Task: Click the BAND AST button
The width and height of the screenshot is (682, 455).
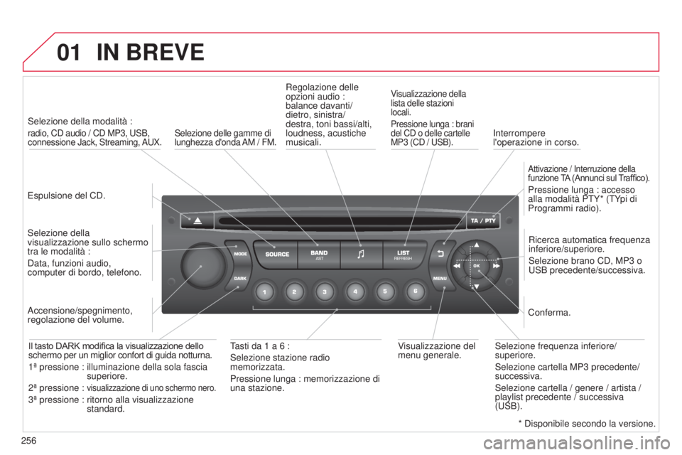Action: [319, 255]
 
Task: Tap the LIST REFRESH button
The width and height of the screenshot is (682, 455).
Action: [404, 255]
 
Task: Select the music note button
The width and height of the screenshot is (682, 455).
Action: [361, 255]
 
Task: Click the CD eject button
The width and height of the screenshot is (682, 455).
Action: [197, 220]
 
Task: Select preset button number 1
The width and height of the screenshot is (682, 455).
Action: [264, 291]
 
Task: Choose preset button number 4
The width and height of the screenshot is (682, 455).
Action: [355, 291]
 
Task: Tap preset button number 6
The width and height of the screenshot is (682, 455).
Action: [416, 291]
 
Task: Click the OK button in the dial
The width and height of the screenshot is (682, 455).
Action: [476, 266]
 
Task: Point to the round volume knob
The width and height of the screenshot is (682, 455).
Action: [202, 265]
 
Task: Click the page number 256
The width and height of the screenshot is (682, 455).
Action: [28, 441]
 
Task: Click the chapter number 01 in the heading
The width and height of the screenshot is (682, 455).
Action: [69, 52]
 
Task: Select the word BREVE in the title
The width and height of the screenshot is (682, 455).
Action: [166, 52]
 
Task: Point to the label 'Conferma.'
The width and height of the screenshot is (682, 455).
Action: [549, 313]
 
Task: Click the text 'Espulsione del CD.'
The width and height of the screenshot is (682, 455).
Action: [67, 196]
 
